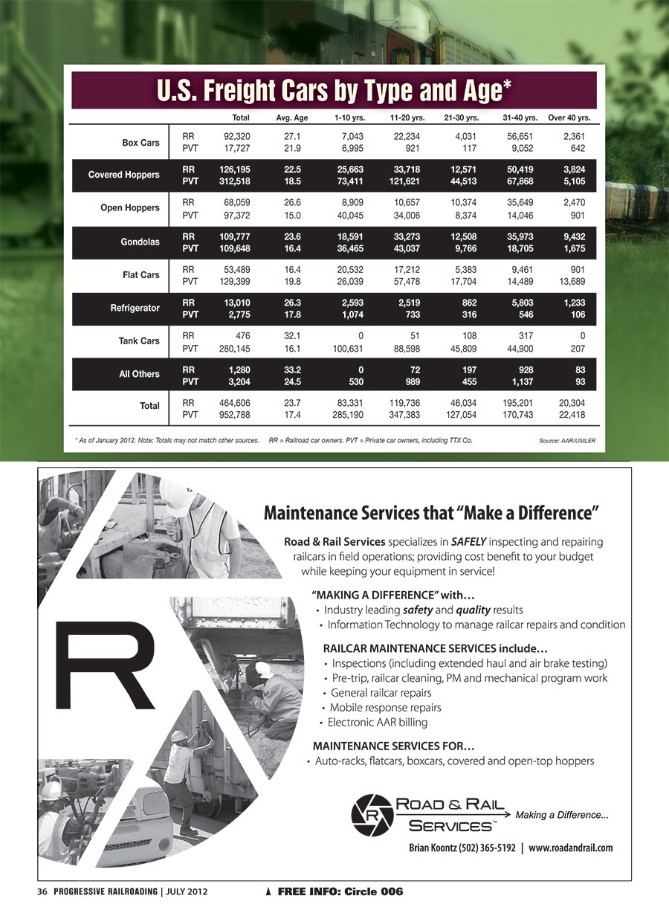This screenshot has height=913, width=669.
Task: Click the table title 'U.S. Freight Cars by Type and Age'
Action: [x=334, y=91]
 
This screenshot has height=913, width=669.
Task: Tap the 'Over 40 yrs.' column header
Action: [x=569, y=117]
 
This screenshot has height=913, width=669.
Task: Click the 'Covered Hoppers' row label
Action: [x=123, y=175]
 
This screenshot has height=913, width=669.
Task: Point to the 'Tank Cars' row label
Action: [x=139, y=341]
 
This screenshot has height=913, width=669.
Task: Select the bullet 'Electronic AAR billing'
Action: [x=378, y=722]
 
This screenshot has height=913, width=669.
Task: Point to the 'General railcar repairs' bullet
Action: [x=381, y=692]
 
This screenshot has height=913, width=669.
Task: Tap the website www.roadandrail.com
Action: [x=571, y=848]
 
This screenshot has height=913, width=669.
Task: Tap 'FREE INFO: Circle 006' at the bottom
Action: [x=339, y=891]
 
